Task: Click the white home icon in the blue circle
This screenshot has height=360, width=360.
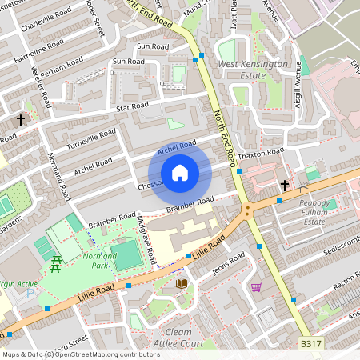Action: click(180, 173)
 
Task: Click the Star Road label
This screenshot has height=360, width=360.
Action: click(132, 106)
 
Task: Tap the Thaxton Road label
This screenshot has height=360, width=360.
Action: click(264, 151)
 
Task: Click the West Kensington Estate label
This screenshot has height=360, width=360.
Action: click(252, 70)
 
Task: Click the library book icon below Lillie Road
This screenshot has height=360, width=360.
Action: click(181, 283)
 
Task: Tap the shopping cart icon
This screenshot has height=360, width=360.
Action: click(256, 286)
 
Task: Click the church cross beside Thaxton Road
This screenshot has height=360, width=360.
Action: click(284, 185)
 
